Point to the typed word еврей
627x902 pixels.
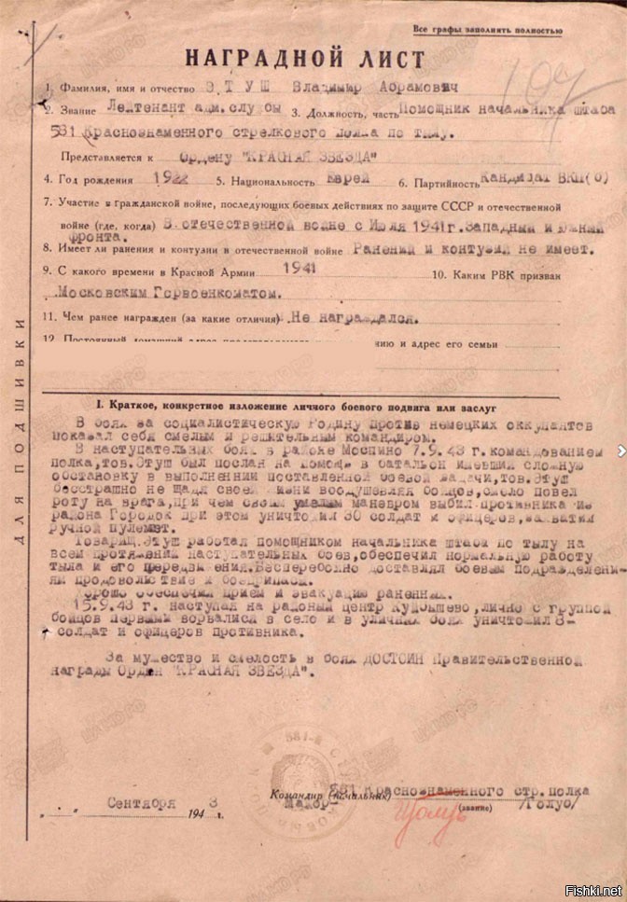(351, 176)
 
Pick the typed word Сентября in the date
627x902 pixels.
(141, 801)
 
